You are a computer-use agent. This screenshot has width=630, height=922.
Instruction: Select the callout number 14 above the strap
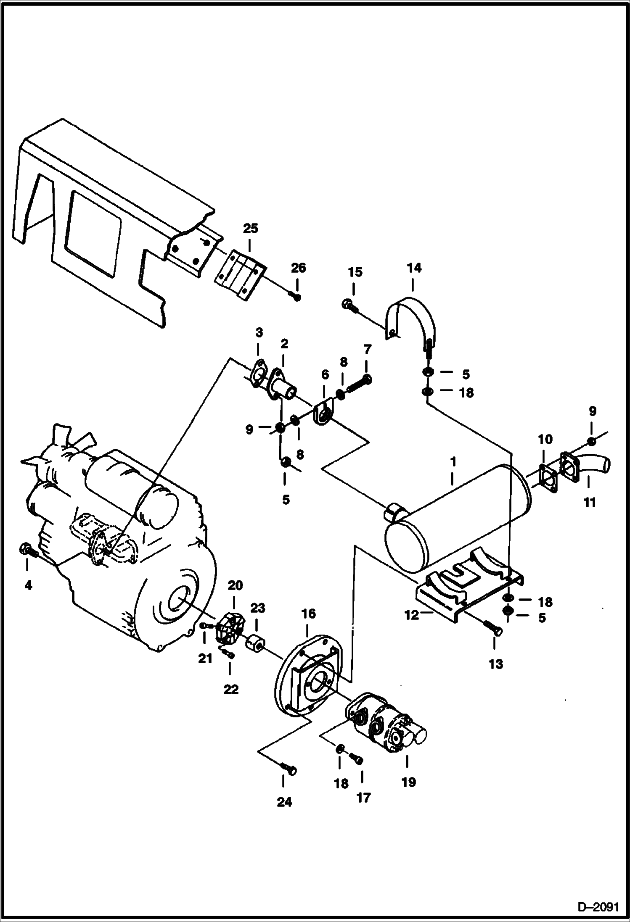[414, 268]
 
